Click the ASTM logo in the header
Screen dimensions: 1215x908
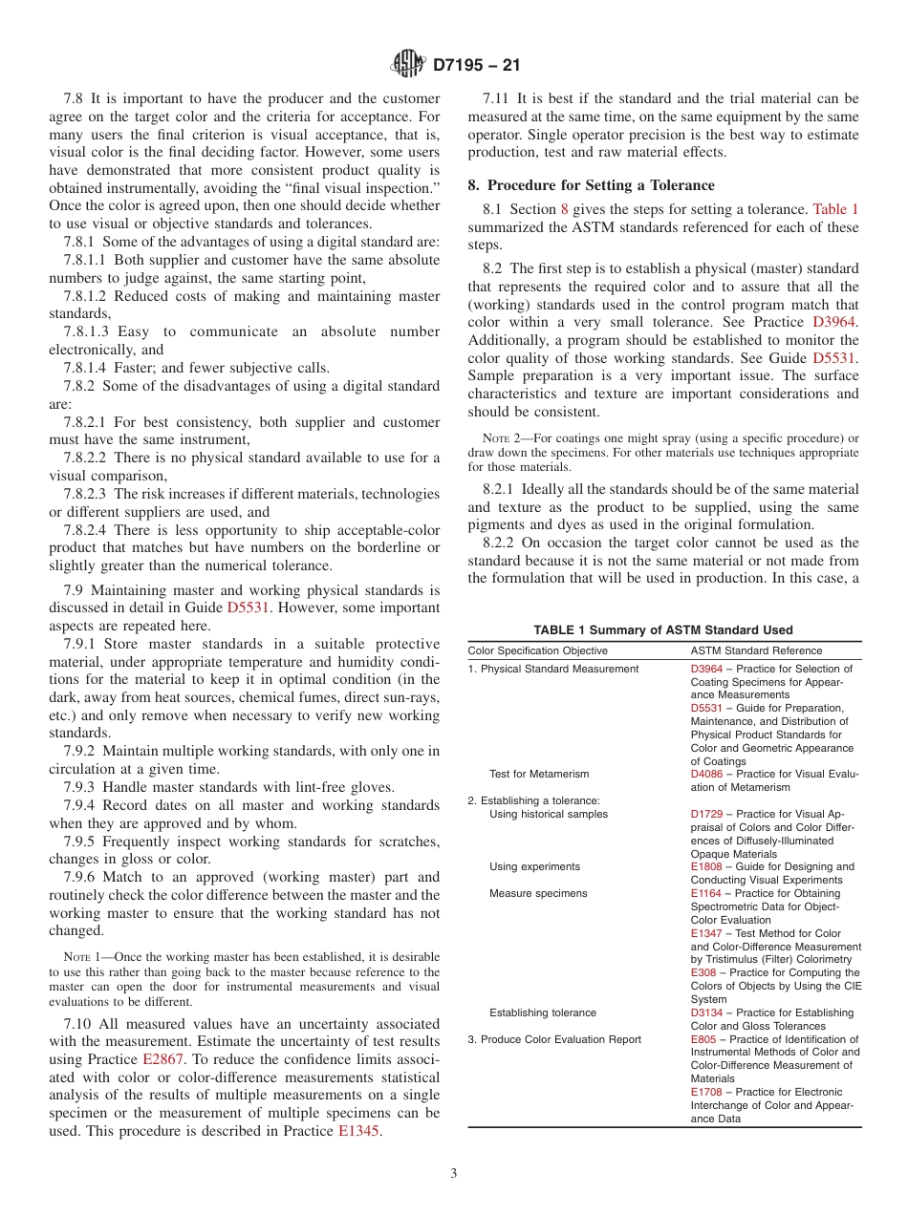409,65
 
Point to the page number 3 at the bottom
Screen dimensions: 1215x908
454,1173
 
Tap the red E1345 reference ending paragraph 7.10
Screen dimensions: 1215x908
359,1131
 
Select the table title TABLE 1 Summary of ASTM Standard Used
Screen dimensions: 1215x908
663,630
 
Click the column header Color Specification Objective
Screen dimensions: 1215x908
537,650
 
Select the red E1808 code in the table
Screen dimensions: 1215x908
705,866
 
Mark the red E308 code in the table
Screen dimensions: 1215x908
703,972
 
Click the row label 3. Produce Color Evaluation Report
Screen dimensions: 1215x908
554,1039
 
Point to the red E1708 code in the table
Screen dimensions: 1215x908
705,1092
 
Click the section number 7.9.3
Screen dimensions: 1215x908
81,787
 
